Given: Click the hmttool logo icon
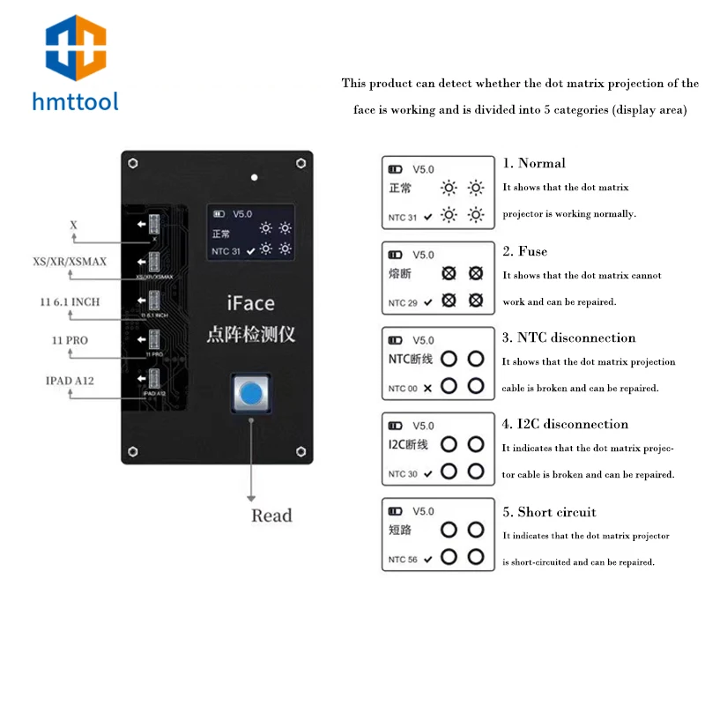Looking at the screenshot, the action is (x=75, y=49).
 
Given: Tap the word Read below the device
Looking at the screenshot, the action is (x=271, y=516).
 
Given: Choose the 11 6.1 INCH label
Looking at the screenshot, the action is (x=70, y=301).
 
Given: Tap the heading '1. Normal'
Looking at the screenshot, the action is (x=534, y=163).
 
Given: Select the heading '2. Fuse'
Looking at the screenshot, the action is (x=525, y=251).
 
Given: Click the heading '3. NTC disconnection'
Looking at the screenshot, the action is (x=568, y=338).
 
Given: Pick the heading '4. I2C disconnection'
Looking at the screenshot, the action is (x=565, y=424).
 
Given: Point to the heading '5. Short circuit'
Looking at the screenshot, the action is (x=549, y=512).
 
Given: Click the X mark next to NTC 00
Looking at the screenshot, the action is (x=427, y=388).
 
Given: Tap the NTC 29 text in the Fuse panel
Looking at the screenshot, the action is (x=403, y=302).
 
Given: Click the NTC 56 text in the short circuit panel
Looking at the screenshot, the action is (x=403, y=560).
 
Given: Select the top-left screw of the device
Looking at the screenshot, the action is (x=132, y=163).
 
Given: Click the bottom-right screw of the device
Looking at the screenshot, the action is (x=301, y=452).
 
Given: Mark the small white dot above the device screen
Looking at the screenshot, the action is (x=254, y=177).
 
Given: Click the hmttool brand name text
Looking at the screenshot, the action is (x=75, y=102).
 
